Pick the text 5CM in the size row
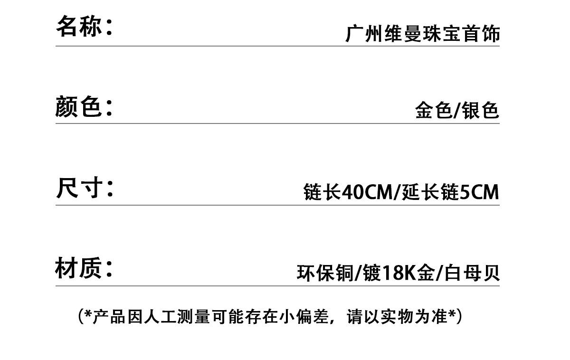480,192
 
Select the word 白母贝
473,274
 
